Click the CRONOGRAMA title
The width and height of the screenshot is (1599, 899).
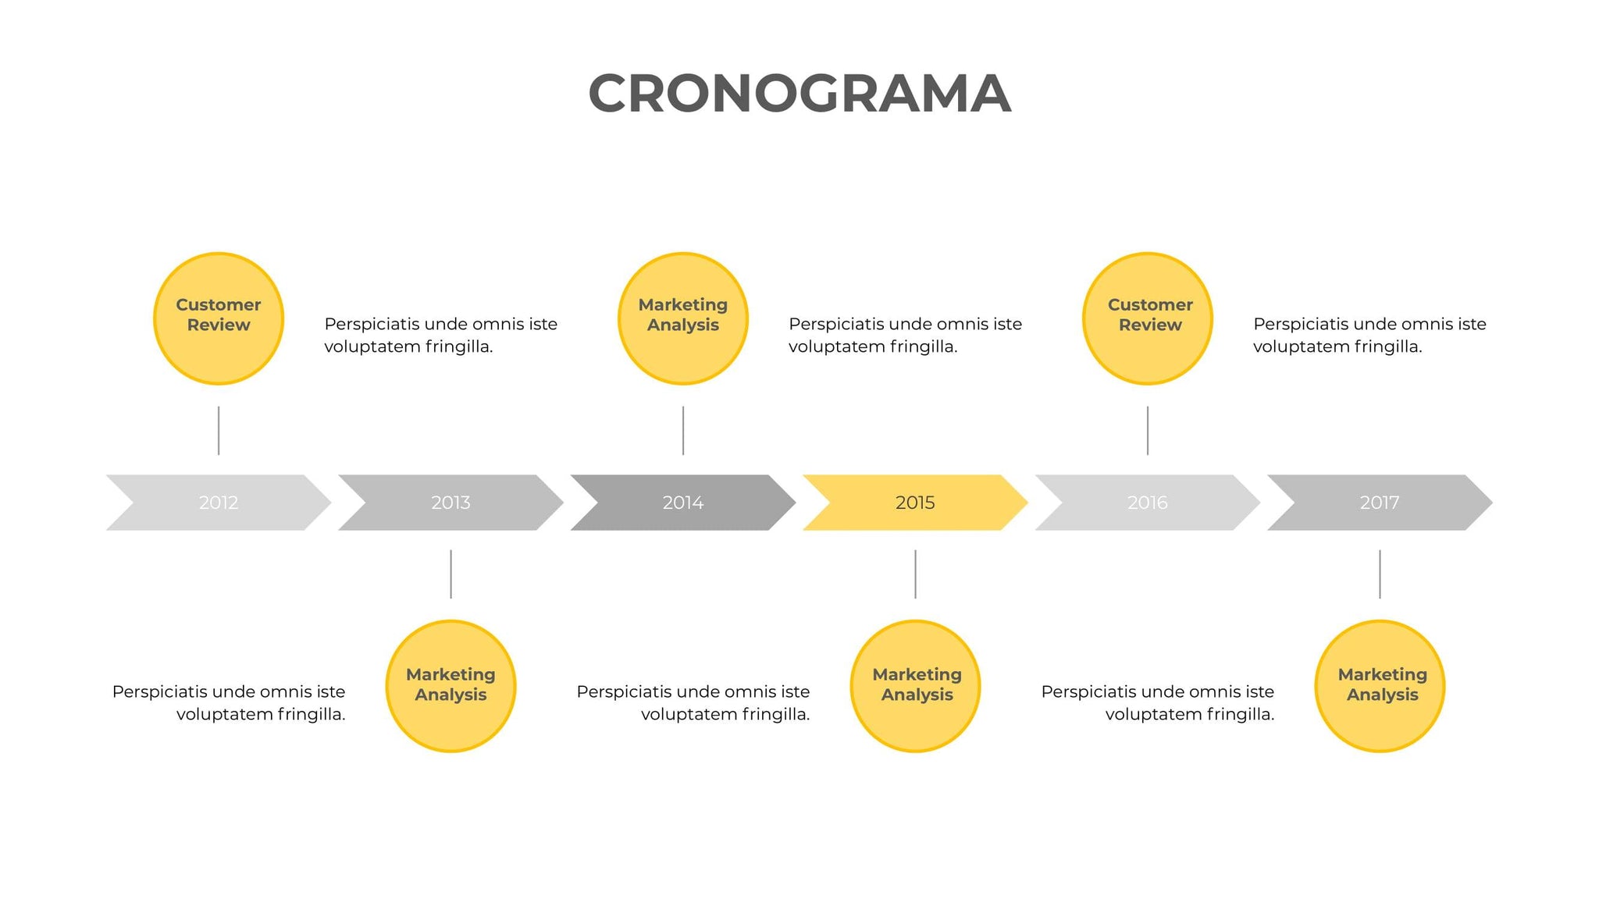click(799, 94)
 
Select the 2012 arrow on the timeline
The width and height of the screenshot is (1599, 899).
click(219, 503)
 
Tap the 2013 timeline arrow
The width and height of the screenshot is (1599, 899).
click(450, 503)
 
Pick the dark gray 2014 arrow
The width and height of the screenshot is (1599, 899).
click(683, 503)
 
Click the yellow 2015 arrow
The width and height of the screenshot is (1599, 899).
click(915, 503)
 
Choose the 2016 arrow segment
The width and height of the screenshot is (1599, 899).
click(1147, 503)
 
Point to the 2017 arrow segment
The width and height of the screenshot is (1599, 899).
click(1380, 503)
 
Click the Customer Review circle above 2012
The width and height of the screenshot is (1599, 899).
click(219, 318)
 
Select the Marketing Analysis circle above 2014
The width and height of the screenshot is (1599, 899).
click(683, 318)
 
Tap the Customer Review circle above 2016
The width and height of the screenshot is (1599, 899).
click(1148, 318)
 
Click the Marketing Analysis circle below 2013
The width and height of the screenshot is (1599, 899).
click(450, 686)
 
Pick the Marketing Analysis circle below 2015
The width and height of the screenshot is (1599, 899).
click(915, 686)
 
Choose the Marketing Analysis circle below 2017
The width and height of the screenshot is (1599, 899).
click(1380, 686)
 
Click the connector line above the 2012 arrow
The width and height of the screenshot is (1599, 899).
click(219, 430)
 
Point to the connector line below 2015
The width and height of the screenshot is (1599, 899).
click(915, 574)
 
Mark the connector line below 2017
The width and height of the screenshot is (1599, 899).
click(1380, 574)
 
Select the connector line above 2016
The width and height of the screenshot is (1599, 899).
click(1148, 430)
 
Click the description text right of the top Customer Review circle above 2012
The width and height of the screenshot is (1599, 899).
click(440, 335)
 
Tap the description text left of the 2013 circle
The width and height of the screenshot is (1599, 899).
click(229, 702)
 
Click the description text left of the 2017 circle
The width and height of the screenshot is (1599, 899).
click(1158, 702)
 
